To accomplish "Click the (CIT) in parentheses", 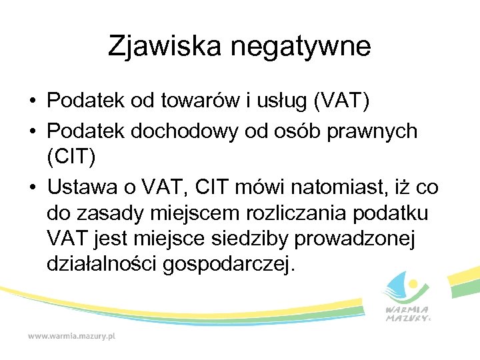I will [72, 158].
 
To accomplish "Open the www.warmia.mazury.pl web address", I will [71, 336].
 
